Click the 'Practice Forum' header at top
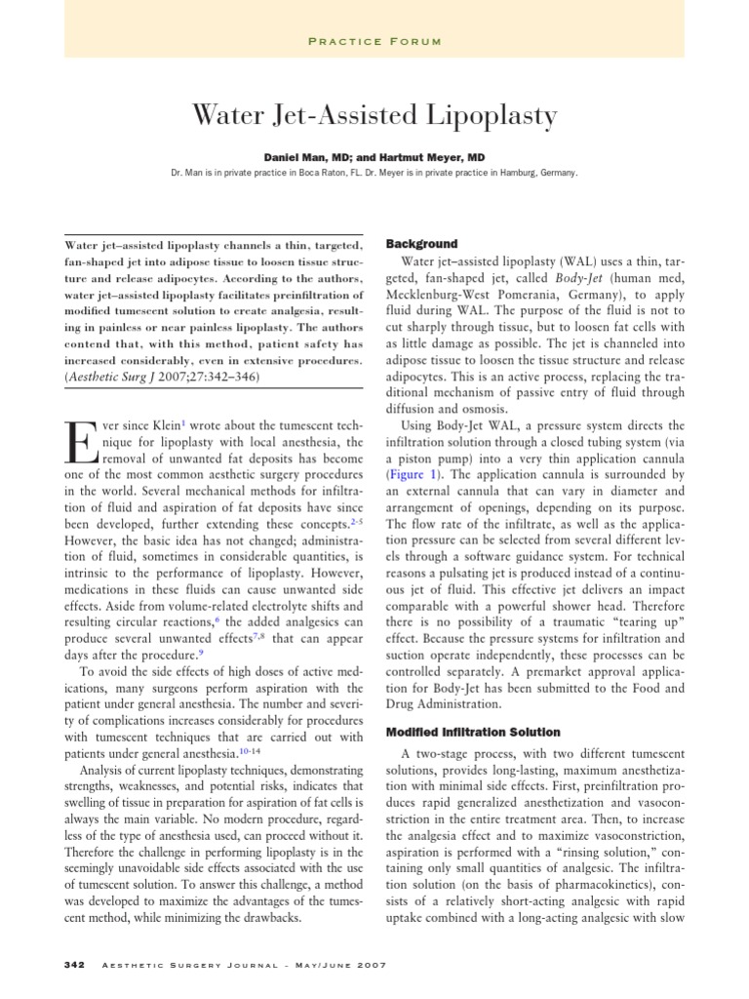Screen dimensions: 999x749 [x=374, y=41]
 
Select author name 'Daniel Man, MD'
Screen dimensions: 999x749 [x=304, y=156]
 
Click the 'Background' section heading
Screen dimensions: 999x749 [x=422, y=243]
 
